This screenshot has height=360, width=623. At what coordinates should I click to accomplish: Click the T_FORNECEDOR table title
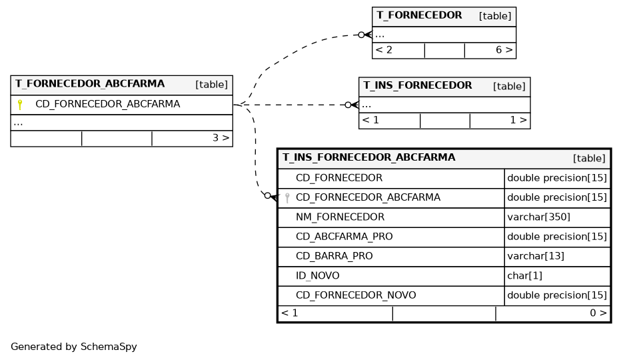pos(419,15)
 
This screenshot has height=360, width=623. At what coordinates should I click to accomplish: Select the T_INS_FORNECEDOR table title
pos(418,85)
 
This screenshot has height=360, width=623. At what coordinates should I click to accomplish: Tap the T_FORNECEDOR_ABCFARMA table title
pos(90,84)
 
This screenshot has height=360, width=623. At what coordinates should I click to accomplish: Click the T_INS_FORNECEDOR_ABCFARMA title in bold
pos(368,157)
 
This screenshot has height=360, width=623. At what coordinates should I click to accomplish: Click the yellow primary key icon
pos(20,105)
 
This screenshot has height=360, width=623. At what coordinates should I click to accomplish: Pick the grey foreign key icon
pos(287,198)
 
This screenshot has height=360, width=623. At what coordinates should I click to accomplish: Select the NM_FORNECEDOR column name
pos(340,217)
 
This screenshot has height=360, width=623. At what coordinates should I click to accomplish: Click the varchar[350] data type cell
pos(539,217)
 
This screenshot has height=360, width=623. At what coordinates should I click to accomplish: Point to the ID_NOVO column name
pos(317,276)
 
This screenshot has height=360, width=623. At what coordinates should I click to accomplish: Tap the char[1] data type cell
pos(524,276)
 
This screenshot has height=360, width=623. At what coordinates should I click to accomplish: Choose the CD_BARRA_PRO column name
pos(334,256)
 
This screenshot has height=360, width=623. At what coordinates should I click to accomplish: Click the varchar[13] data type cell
pos(536,256)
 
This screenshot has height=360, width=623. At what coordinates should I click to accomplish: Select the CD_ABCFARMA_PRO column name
pos(344,237)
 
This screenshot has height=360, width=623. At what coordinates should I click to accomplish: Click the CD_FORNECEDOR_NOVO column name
pos(356,295)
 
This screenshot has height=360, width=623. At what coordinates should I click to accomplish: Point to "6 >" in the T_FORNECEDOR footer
pos(504,50)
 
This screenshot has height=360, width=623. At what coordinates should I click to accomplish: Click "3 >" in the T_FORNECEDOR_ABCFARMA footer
pos(221,138)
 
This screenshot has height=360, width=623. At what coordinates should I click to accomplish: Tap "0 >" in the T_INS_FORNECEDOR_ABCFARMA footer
pos(598,313)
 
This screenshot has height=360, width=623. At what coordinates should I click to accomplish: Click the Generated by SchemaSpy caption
pos(74,347)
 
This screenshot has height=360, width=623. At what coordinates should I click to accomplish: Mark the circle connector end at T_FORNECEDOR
pos(361,35)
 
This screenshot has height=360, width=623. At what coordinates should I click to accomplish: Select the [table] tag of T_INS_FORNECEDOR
pos(509,86)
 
